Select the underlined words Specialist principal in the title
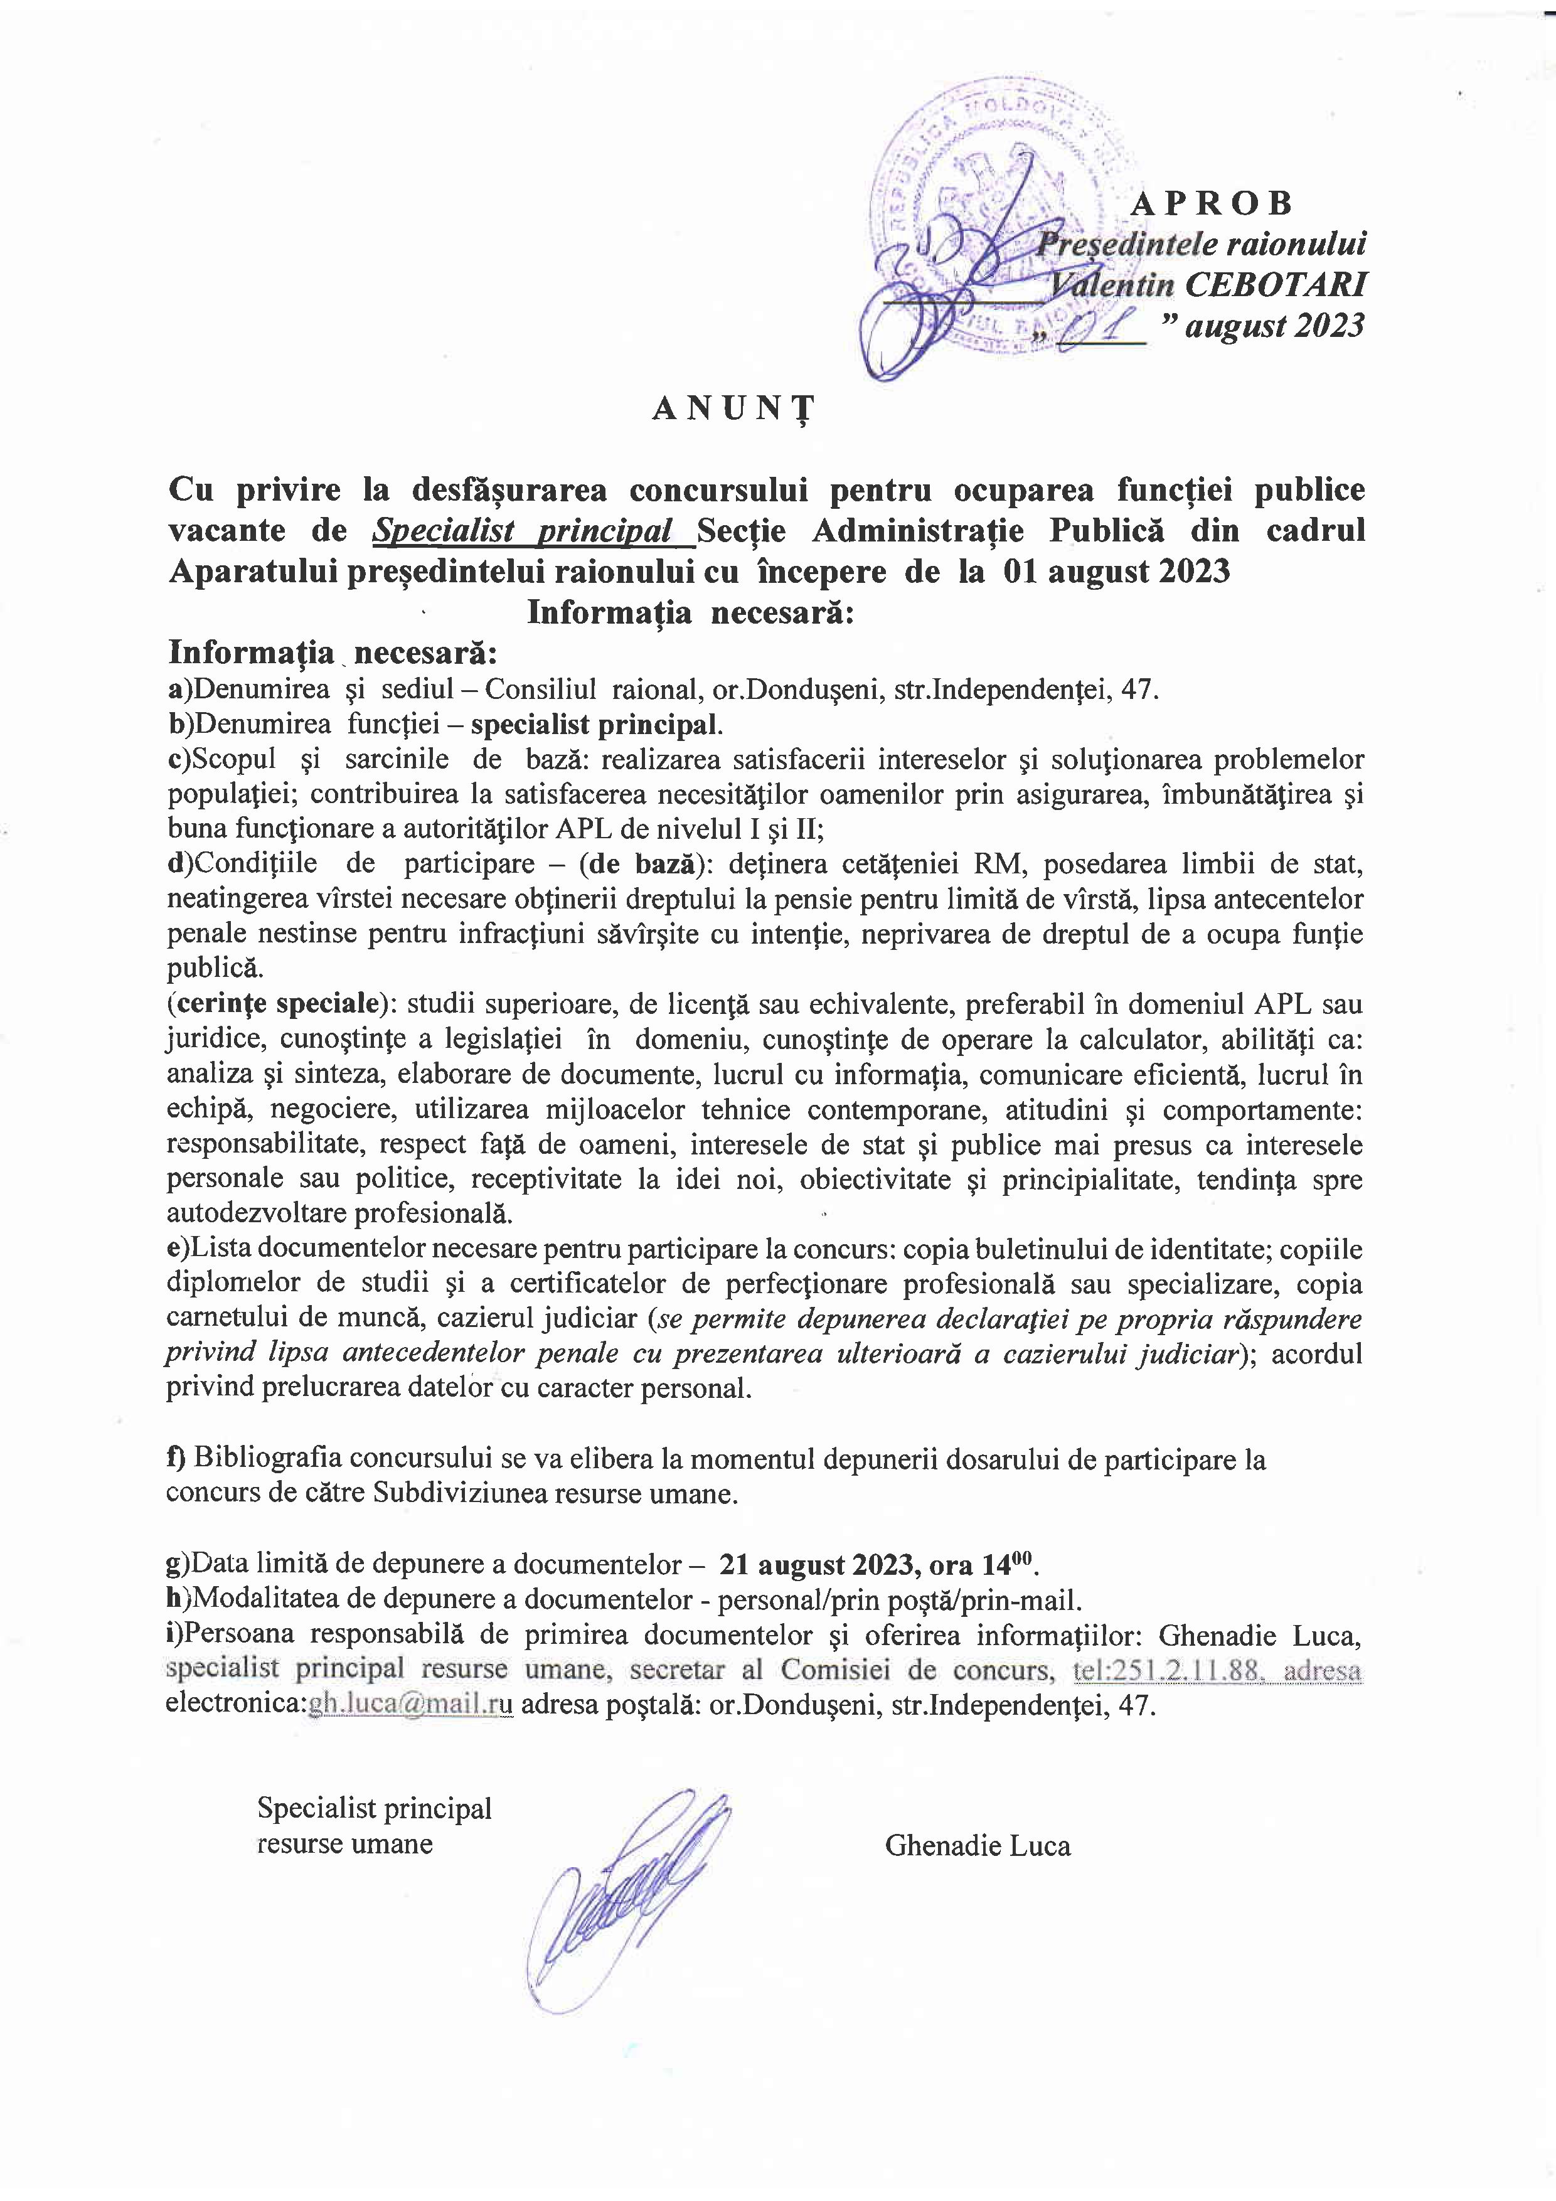(x=535, y=530)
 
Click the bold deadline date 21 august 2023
(x=809, y=1564)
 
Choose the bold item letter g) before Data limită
(x=178, y=1564)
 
